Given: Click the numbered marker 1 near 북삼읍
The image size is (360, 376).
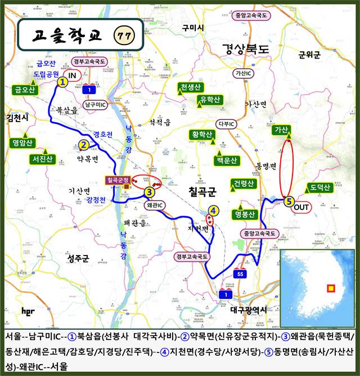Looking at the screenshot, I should (62, 81).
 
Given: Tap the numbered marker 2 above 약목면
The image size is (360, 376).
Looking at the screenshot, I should (83, 145).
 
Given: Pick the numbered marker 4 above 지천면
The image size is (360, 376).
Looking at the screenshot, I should (213, 211).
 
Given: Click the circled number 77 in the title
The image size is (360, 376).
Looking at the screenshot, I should (123, 35).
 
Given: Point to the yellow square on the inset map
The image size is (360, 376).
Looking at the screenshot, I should (331, 289).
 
